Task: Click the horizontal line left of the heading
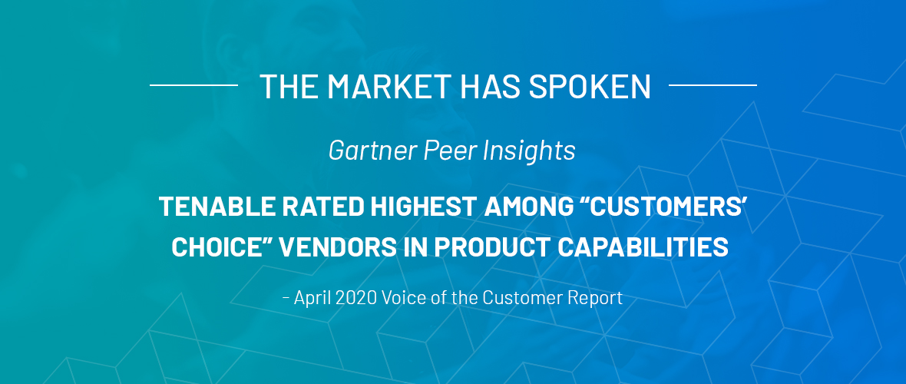click(193, 85)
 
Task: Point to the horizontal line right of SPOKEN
click(713, 85)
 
